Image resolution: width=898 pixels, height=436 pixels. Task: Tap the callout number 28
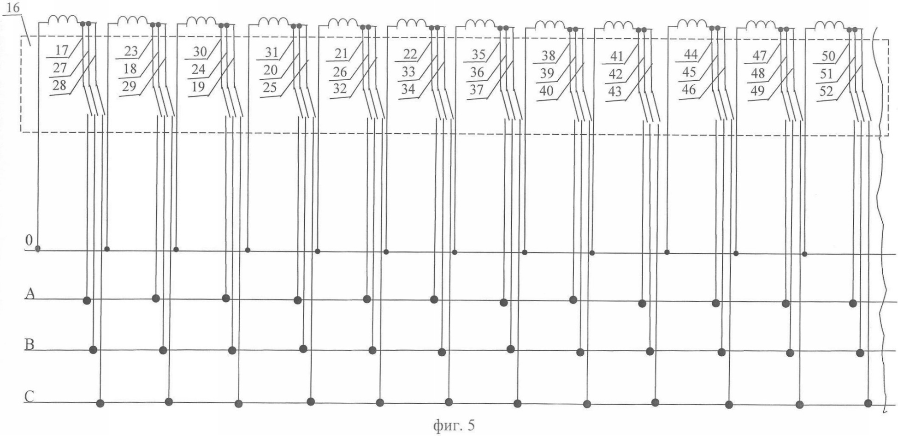coord(59,85)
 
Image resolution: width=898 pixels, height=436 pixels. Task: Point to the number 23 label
coord(131,51)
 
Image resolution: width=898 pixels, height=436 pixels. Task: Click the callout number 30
coord(200,52)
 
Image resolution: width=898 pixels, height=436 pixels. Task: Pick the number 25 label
coord(270,87)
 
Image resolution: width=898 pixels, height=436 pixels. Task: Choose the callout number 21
coord(341,54)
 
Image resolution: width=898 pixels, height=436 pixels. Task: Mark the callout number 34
coord(408,89)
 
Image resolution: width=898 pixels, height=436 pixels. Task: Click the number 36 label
coord(477,72)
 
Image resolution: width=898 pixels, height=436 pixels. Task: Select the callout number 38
coord(548,56)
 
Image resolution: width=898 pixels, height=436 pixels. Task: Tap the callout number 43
coord(615,91)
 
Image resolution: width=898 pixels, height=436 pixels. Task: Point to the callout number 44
coord(690,54)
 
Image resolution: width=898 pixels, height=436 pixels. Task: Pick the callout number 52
coord(826,91)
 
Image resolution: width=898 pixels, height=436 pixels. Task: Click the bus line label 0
coord(29,240)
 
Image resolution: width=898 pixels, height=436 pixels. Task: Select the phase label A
coord(30,293)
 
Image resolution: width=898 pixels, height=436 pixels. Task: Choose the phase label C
coord(29,397)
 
